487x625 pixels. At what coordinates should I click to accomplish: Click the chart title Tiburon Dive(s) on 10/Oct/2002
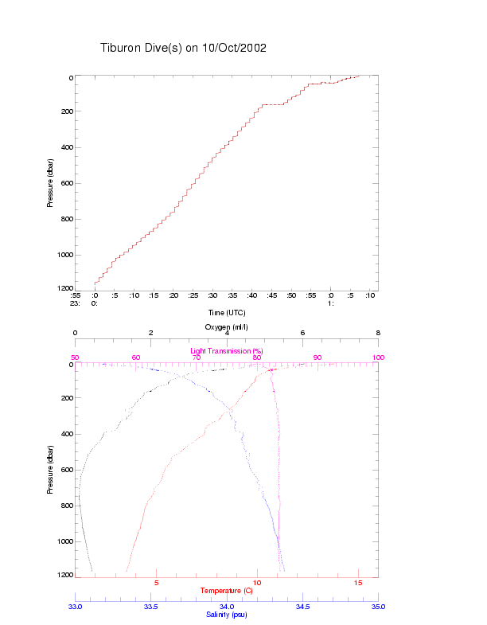(183, 48)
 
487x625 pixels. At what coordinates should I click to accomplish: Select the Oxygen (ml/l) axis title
(227, 327)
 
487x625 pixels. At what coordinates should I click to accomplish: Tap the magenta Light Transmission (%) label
(227, 351)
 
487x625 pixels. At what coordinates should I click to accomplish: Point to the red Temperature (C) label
(227, 591)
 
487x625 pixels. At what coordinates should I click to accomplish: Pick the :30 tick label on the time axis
(212, 295)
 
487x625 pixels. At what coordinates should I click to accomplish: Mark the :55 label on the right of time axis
(311, 295)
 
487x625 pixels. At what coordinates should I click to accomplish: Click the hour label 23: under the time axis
(76, 303)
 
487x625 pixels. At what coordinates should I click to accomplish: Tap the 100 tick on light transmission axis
(378, 357)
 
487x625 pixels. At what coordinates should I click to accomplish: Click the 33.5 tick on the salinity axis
(151, 607)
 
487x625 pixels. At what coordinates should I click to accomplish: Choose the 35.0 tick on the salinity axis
(378, 607)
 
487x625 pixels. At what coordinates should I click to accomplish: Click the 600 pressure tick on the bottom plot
(67, 470)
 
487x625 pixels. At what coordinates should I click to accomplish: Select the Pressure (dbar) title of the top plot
(49, 182)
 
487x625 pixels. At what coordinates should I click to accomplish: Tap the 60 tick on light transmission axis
(136, 357)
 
